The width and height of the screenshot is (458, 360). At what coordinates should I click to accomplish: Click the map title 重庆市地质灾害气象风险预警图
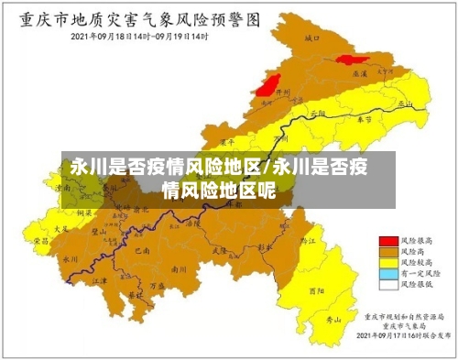tap(137, 18)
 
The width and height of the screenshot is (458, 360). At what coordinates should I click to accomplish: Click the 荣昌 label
tap(41, 240)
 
